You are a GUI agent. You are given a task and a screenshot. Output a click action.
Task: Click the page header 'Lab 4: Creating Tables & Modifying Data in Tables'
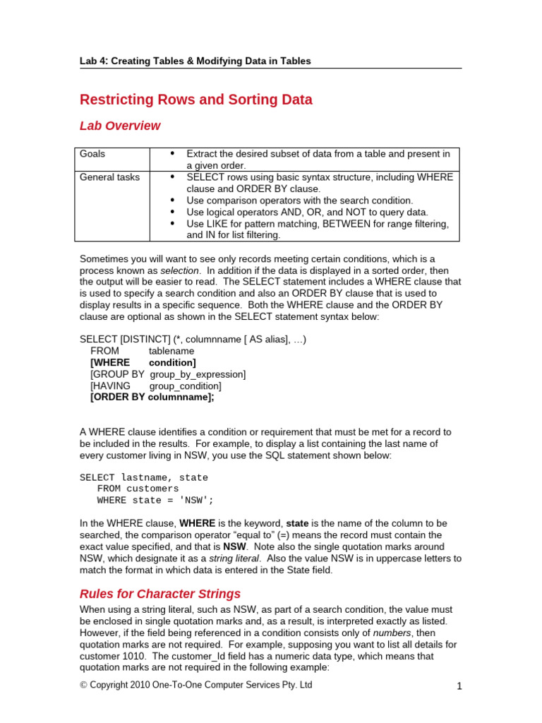click(195, 61)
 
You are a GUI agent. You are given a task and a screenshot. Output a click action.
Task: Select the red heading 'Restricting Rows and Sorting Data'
click(195, 100)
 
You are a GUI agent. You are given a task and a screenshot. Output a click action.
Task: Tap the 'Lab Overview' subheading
click(120, 126)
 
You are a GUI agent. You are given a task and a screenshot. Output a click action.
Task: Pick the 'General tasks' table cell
click(109, 177)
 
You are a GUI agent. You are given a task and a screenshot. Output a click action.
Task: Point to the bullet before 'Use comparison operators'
click(172, 201)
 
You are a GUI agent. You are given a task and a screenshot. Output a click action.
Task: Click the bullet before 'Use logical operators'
click(172, 212)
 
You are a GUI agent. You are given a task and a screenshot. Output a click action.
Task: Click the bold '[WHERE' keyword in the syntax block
click(110, 363)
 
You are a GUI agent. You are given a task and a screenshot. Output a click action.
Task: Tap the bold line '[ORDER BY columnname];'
click(152, 398)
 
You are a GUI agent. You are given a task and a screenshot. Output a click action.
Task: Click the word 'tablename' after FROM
click(171, 351)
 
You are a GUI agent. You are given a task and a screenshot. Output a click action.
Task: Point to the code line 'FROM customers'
click(138, 489)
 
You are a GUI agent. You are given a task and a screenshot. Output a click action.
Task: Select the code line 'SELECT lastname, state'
click(144, 477)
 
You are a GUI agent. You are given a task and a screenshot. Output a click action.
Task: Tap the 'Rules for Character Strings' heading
click(160, 594)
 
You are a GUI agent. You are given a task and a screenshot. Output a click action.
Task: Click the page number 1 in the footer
click(459, 686)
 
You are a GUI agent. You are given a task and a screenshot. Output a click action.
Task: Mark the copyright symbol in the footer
click(83, 686)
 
